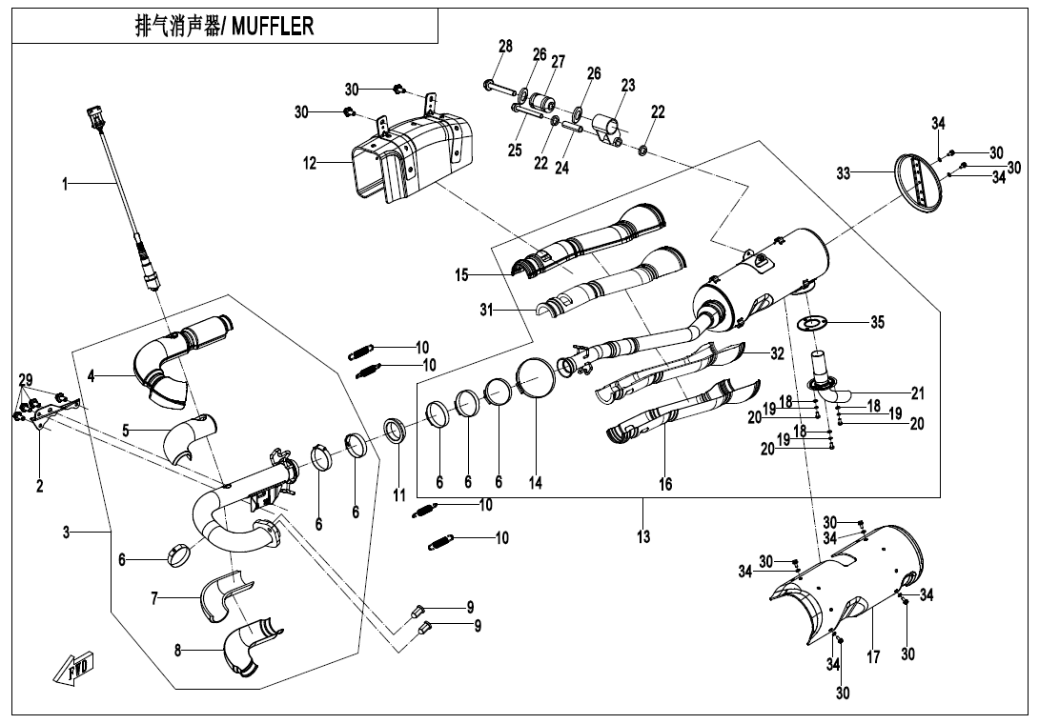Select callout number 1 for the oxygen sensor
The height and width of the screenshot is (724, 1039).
click(66, 184)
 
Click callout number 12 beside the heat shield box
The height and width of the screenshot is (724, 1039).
click(310, 164)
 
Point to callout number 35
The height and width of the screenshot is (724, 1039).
click(877, 322)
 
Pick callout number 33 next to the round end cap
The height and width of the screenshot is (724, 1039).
click(844, 173)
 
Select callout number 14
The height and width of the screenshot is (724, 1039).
click(536, 483)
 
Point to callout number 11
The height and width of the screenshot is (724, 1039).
click(399, 495)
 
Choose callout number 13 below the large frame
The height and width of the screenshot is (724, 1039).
click(643, 537)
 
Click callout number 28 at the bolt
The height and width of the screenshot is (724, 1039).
click(505, 46)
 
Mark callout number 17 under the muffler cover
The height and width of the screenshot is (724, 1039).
click(873, 656)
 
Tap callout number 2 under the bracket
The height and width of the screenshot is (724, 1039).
click(40, 486)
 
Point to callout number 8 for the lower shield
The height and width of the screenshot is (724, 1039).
click(177, 651)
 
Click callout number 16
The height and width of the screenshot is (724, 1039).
click(665, 484)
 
